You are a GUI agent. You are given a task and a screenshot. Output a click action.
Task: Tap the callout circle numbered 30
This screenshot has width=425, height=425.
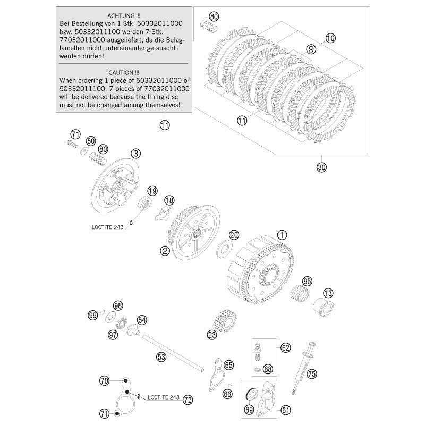click(x=321, y=167)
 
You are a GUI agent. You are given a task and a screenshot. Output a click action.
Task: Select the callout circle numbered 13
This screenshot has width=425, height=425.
click(x=328, y=293)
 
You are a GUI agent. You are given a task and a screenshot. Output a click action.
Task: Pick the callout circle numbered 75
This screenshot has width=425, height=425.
click(x=312, y=373)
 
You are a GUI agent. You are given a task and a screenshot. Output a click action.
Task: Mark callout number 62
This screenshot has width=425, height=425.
click(x=286, y=348)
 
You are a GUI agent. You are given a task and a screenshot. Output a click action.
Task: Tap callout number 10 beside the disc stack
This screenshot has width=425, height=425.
click(x=330, y=38)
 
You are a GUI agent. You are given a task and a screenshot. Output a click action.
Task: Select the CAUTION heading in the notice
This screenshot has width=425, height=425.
click(x=123, y=71)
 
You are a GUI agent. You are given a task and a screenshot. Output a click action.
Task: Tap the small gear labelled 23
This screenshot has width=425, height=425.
click(x=226, y=320)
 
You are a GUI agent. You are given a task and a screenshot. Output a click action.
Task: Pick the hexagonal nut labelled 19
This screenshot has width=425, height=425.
click(x=143, y=203)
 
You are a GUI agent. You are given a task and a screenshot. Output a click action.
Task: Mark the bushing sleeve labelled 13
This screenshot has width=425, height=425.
click(x=322, y=307)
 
